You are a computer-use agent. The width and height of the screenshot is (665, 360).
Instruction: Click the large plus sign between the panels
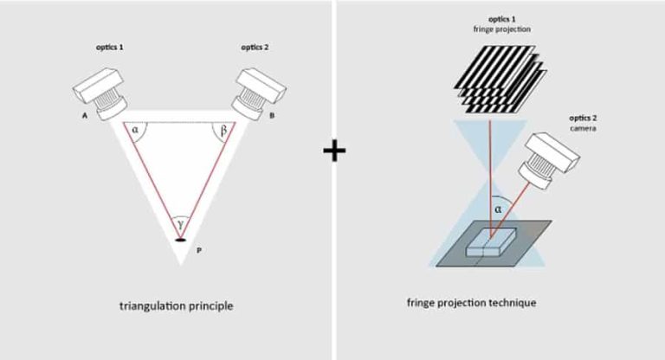pos(333,151)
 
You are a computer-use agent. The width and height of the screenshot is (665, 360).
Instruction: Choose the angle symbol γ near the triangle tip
pos(180,224)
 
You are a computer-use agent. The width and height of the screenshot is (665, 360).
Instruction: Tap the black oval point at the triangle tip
pos(180,239)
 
